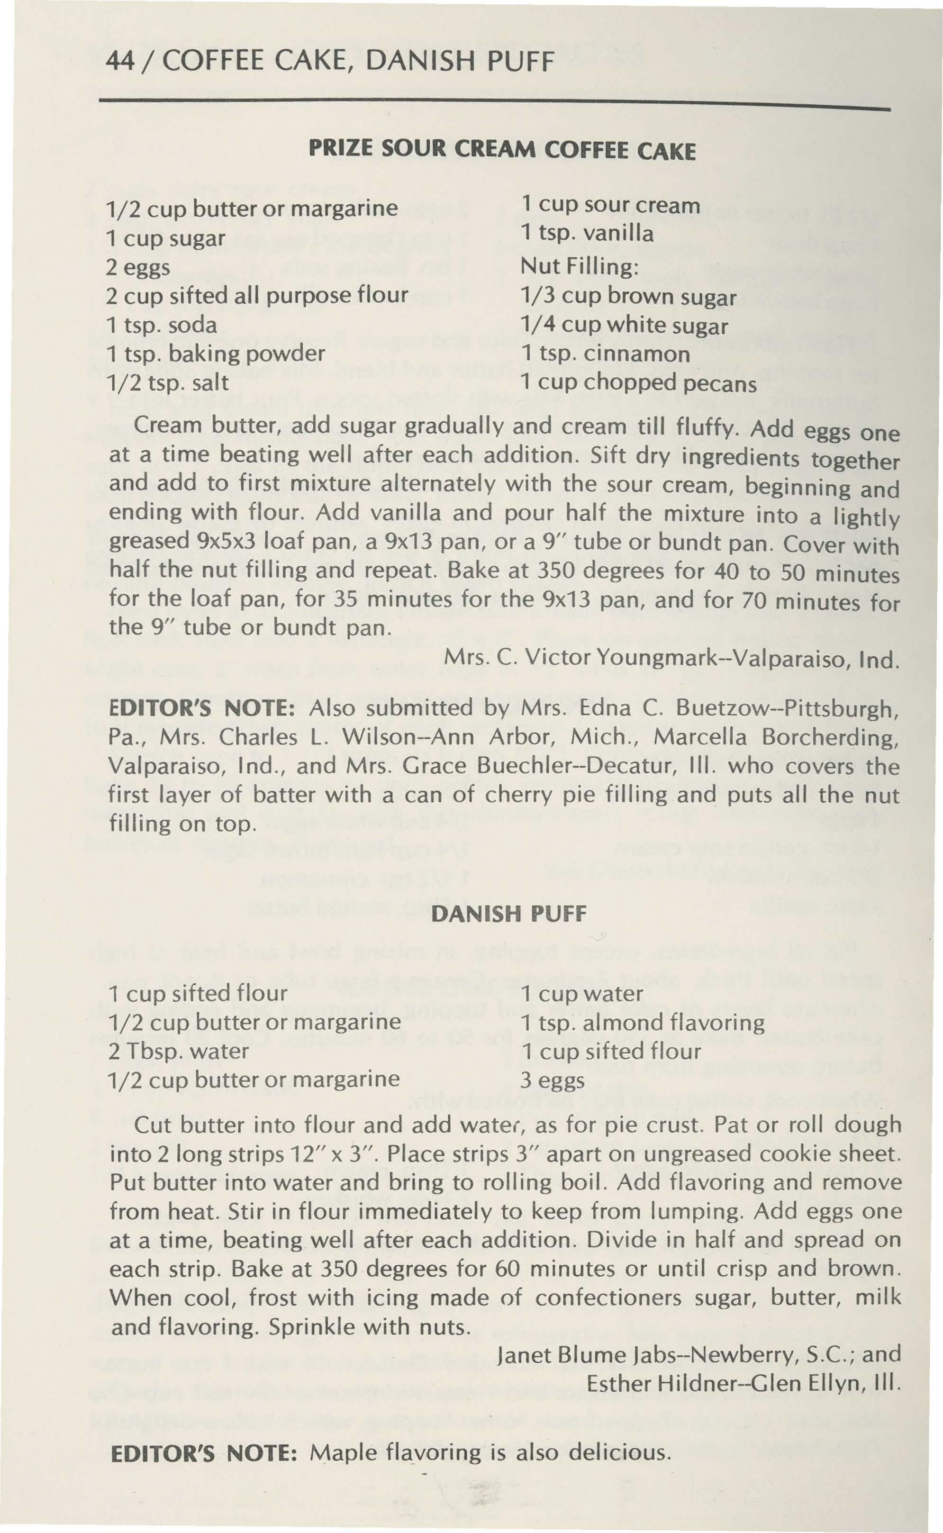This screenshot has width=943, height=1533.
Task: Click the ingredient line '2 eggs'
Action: pos(138,267)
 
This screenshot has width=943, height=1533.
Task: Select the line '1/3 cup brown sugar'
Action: pos(629,296)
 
